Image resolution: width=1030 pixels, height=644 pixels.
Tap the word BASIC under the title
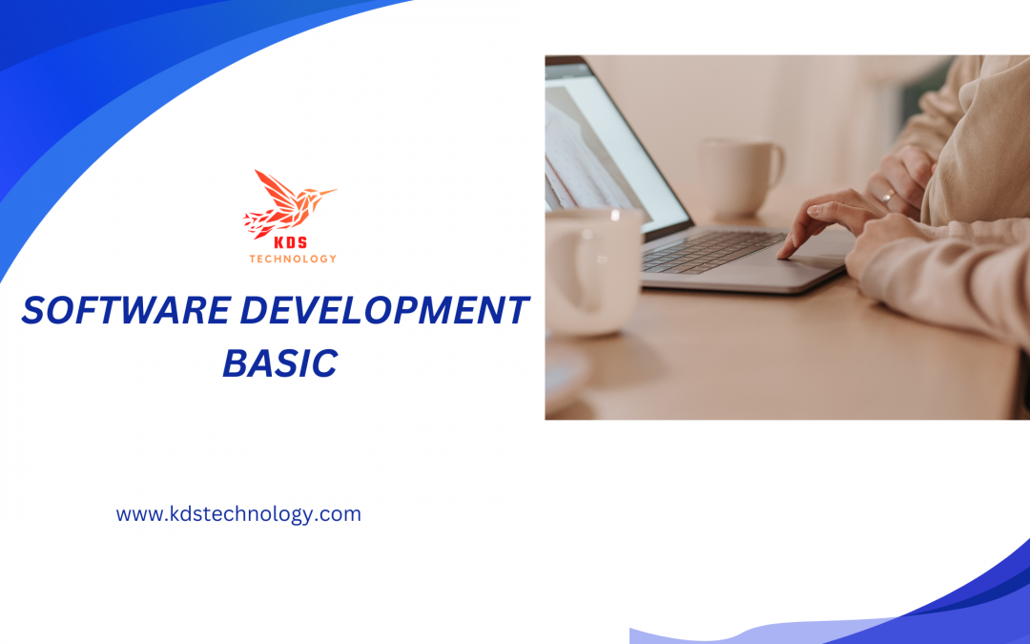click(x=279, y=364)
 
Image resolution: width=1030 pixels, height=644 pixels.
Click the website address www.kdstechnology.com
click(x=238, y=514)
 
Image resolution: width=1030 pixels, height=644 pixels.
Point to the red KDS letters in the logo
click(x=293, y=243)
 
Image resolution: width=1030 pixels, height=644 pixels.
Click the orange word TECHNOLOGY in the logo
click(x=293, y=259)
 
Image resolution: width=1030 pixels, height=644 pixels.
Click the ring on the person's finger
click(x=887, y=197)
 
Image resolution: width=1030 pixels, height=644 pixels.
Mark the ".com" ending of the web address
click(x=340, y=514)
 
